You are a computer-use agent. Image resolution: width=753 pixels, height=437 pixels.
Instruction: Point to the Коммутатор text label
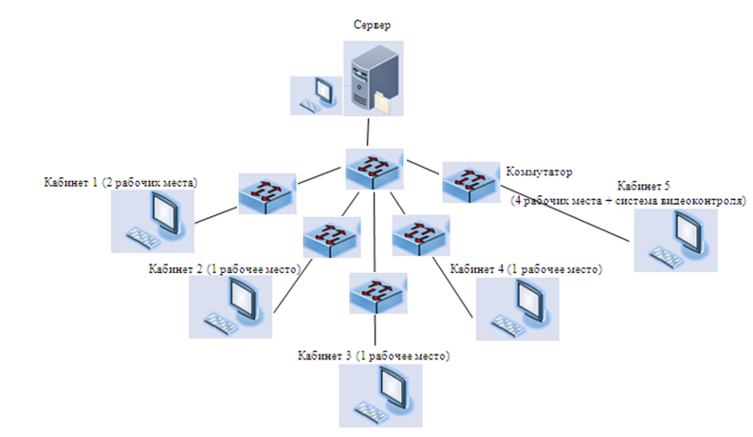tap(542, 173)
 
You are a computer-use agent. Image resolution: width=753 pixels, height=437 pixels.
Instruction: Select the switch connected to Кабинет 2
tap(331, 237)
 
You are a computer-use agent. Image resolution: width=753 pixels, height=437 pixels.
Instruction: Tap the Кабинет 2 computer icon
tap(227, 307)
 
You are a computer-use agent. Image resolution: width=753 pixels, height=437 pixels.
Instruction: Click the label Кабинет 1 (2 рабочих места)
tap(119, 181)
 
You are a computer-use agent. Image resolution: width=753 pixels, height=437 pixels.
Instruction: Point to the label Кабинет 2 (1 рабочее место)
tap(224, 269)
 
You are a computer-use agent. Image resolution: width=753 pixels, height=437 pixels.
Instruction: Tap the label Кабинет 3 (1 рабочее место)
tap(373, 357)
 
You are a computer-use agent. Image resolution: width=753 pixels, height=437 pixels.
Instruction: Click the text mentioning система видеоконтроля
tap(629, 201)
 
